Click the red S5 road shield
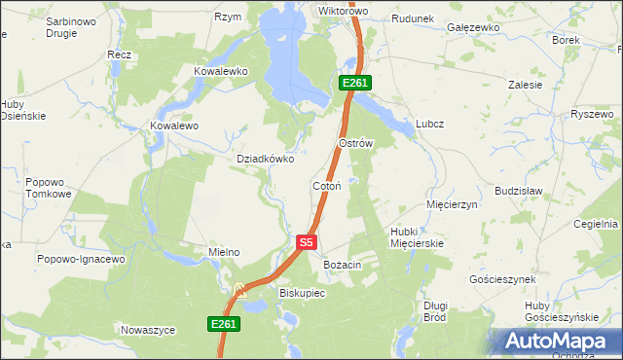coord(306,242)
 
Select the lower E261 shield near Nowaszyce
coord(223,324)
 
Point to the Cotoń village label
coord(325,186)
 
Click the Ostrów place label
coord(355,143)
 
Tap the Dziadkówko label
coord(266,159)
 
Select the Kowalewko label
coord(221,72)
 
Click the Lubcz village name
coord(429,124)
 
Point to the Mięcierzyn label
coord(453,205)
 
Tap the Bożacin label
coord(343,265)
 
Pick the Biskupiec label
coord(302,292)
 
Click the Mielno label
coord(224,253)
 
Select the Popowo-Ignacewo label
coord(82,260)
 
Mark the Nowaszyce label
coord(148,331)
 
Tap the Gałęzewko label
coord(473,28)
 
